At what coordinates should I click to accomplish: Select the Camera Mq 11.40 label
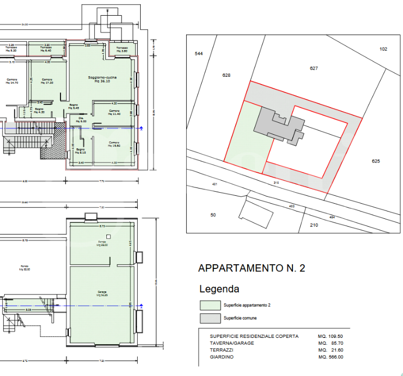[114, 112]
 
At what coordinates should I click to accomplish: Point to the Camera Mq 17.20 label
[47, 81]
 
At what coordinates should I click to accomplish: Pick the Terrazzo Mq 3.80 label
[122, 50]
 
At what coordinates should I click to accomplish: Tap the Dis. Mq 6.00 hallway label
[81, 120]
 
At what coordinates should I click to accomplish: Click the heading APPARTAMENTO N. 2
[251, 268]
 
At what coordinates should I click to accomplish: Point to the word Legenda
[219, 289]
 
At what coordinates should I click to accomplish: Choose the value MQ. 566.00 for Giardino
[331, 357]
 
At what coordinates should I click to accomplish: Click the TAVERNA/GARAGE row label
[232, 343]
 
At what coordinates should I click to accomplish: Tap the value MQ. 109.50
[331, 336]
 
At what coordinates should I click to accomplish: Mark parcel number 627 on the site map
[313, 68]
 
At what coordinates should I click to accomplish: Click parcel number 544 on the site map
[198, 54]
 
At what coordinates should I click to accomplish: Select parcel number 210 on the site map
[314, 225]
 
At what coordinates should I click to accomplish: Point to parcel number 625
[376, 161]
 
